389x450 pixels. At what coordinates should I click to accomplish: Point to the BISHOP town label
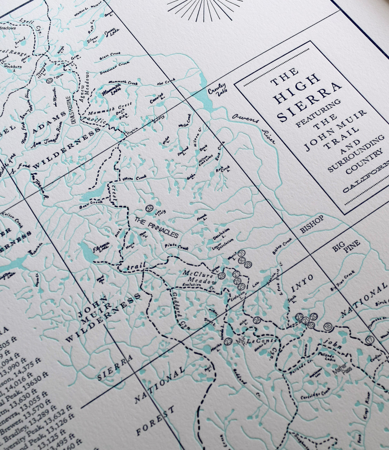312,224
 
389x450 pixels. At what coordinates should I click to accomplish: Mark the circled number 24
257,321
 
